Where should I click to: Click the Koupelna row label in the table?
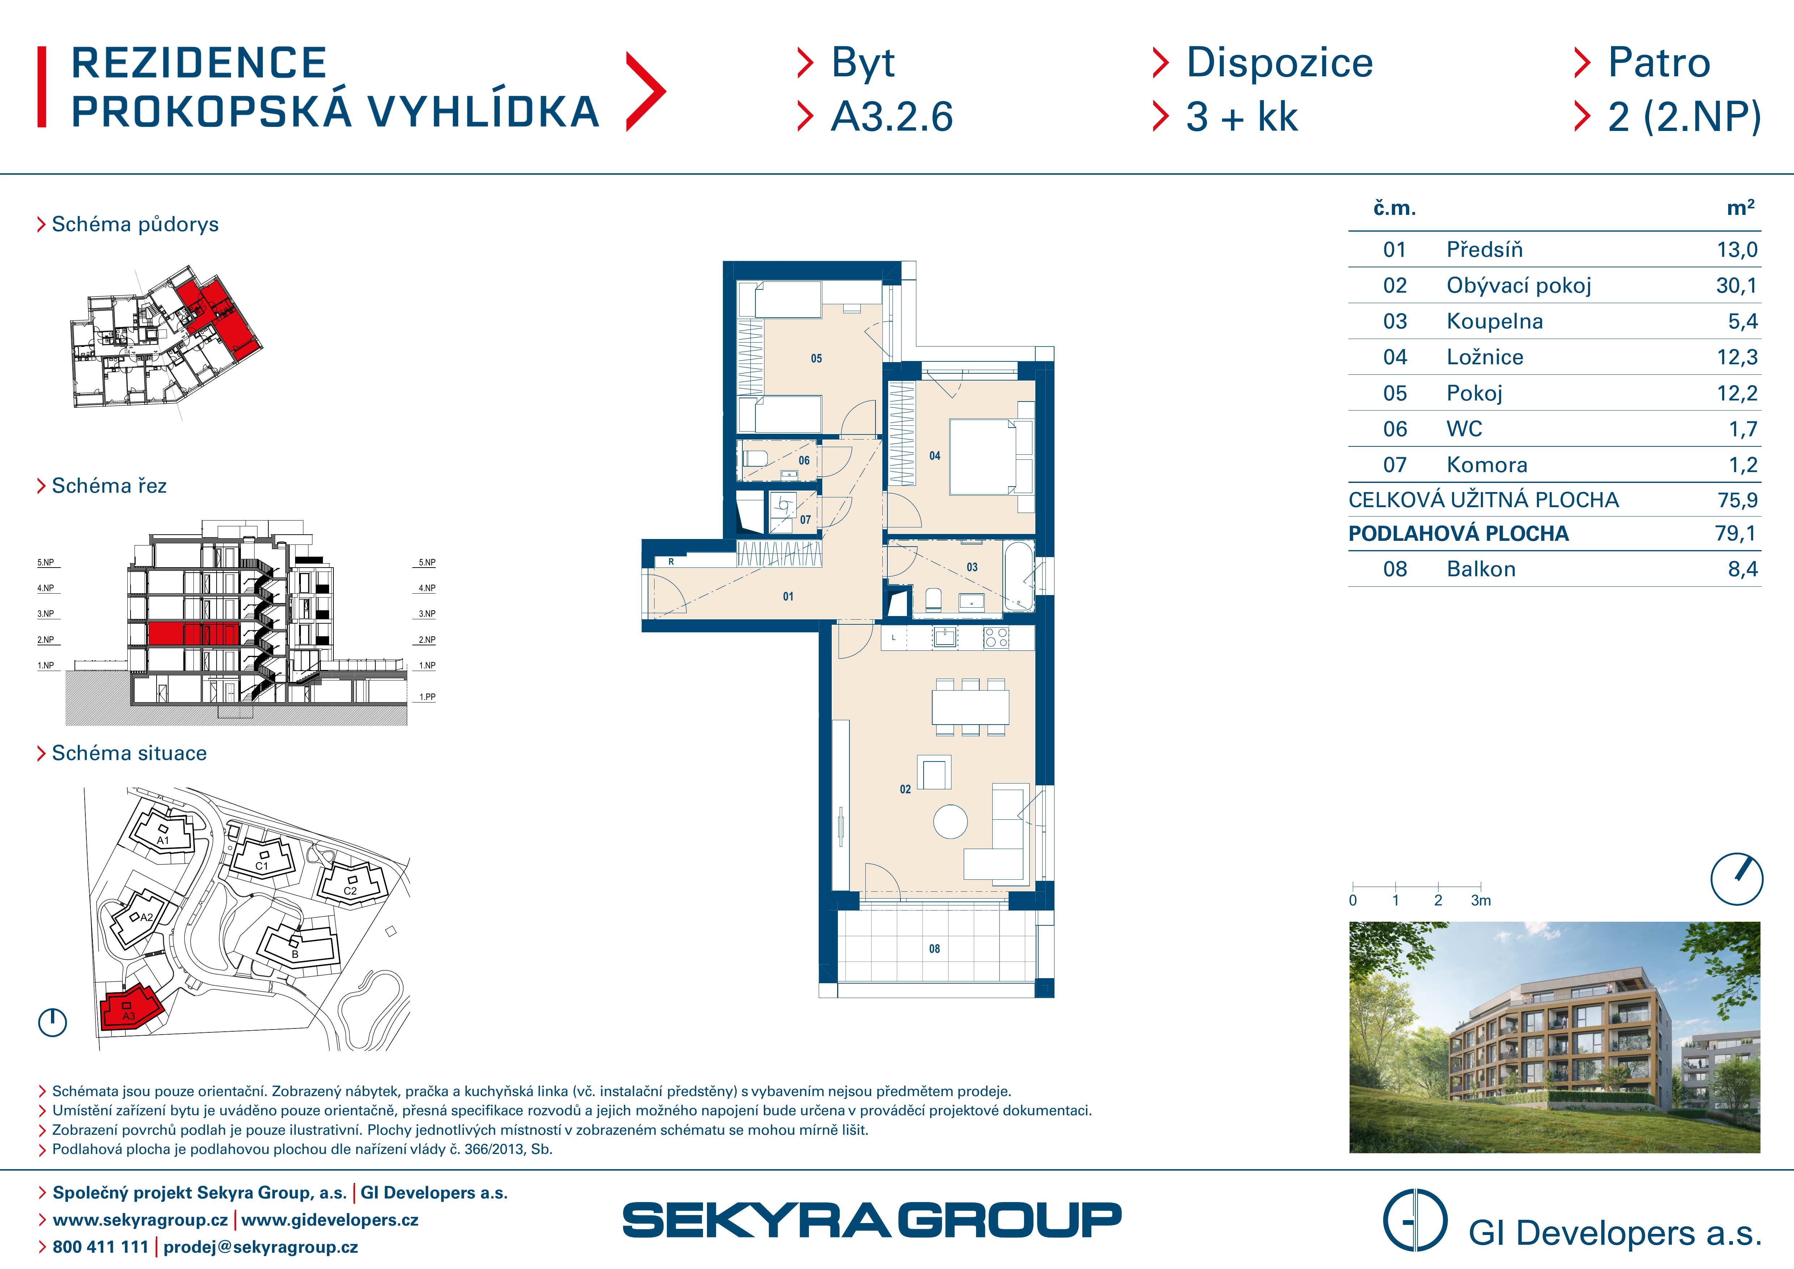pos(1494,321)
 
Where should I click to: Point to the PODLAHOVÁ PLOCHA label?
pos(1458,534)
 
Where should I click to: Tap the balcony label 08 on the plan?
pos(934,948)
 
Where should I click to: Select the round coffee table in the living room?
pos(950,821)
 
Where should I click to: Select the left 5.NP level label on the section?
pos(45,563)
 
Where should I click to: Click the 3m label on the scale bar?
pos(1481,900)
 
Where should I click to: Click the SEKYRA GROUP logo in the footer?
pos(871,1220)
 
